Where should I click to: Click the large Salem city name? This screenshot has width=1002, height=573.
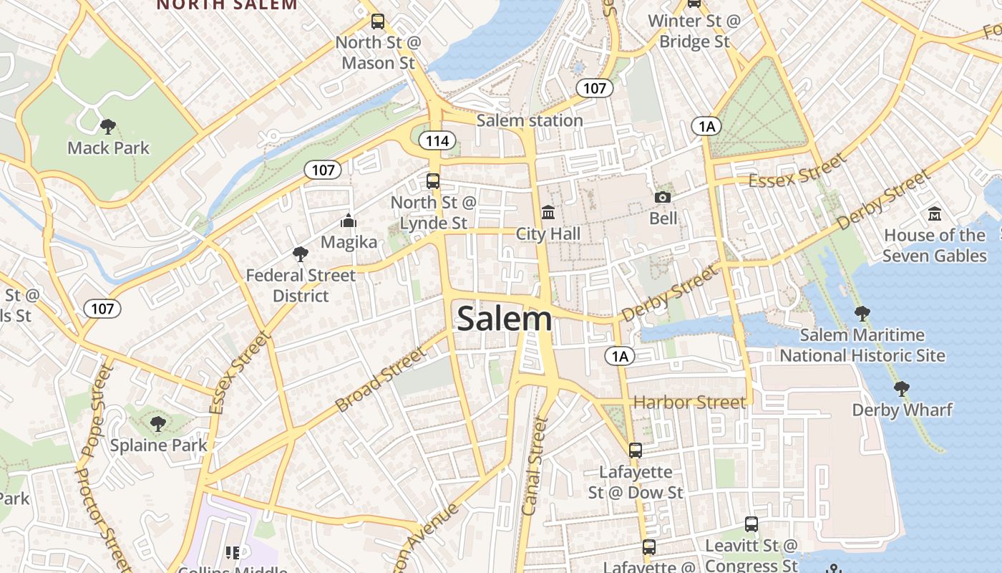pos(505,319)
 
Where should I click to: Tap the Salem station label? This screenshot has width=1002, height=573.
pos(530,120)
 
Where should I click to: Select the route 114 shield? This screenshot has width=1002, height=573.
pos(437,140)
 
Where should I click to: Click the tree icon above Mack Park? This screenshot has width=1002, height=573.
pos(108,127)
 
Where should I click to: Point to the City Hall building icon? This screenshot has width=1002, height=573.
pos(548,213)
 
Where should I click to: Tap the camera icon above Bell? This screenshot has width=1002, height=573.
pos(663,197)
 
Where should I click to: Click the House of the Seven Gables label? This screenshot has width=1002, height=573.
pos(934,246)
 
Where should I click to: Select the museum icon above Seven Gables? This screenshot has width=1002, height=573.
pos(934,214)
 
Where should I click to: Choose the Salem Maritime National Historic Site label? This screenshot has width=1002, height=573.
pos(862,345)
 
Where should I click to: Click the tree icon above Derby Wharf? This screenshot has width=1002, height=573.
pos(902,389)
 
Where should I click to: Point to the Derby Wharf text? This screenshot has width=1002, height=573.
pos(902,410)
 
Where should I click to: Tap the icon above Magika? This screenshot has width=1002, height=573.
pos(349,221)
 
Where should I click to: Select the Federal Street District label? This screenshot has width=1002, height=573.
pos(301,286)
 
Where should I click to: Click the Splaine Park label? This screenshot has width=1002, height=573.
pos(158,445)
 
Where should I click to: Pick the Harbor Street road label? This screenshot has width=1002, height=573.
pos(689,402)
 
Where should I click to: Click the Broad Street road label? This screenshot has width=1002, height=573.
pos(381,380)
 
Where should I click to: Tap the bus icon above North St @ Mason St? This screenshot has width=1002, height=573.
pos(378,21)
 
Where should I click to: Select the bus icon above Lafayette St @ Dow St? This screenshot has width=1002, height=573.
pos(636,451)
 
